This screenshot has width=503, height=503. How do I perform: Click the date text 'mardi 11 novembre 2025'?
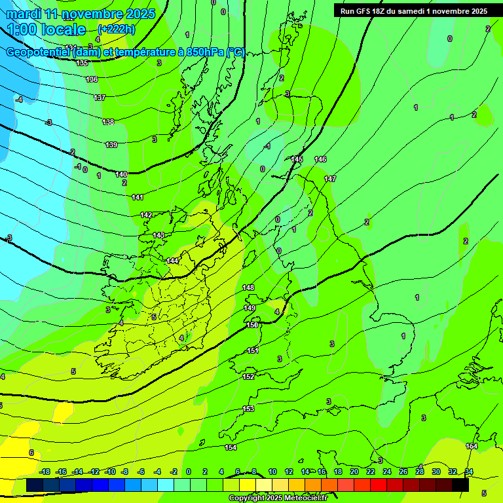click(81, 14)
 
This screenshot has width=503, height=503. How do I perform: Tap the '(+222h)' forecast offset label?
click(116, 29)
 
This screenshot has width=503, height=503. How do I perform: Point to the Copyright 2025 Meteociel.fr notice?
click(278, 498)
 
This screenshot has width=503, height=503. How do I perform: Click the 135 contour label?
click(82, 63)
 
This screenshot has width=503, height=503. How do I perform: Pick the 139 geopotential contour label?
click(111, 145)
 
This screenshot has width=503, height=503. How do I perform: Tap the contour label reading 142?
click(146, 215)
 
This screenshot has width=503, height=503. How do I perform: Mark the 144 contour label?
click(172, 261)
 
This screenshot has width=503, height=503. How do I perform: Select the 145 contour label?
click(297, 159)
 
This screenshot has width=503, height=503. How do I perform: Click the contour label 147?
click(330, 179)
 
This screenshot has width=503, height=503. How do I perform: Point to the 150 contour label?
click(252, 325)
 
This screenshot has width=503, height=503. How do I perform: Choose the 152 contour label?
click(248, 377)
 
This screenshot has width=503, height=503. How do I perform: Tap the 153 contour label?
click(248, 409)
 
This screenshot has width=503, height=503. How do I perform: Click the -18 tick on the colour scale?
click(45, 472)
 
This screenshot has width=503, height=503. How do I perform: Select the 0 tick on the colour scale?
click(188, 472)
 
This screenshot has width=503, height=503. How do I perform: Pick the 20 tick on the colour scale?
click(354, 472)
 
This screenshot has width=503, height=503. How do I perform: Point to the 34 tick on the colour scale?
click(469, 472)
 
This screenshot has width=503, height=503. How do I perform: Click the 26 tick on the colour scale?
click(403, 472)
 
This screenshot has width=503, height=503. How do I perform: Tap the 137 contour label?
click(99, 98)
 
